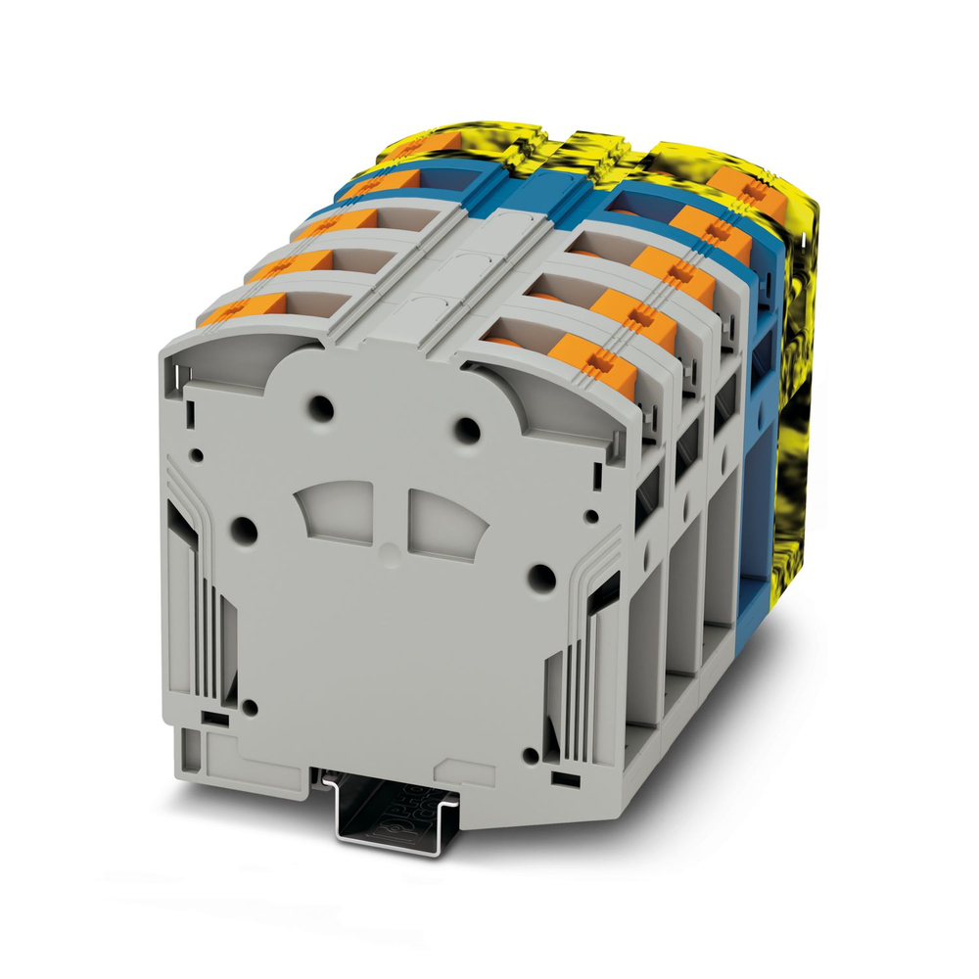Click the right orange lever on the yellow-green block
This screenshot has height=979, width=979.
743,184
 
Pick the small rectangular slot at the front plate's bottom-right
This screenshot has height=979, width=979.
563,777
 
